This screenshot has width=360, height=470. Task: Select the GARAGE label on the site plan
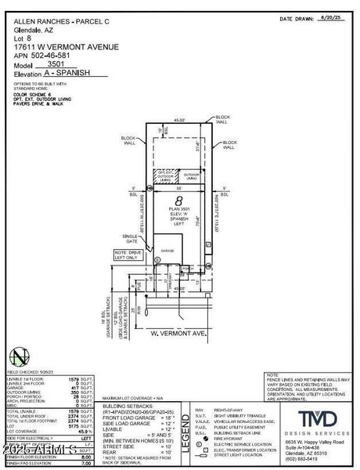click(167, 250)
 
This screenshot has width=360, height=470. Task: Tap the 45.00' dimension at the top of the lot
click(180, 121)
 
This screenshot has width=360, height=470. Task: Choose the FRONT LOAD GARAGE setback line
click(140, 418)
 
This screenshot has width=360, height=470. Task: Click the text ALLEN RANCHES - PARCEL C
click(49, 21)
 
